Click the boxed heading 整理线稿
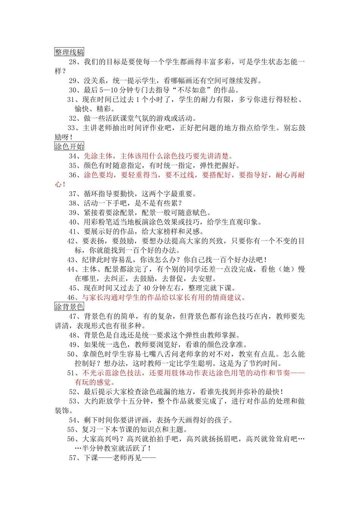click(x=69, y=52)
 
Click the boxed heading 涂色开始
click(x=69, y=147)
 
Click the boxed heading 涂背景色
click(x=69, y=307)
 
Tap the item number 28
click(x=73, y=62)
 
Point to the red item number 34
click(x=73, y=156)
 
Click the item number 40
click(x=73, y=222)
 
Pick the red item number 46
click(x=71, y=297)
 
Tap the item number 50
click(x=71, y=354)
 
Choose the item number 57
click(x=73, y=458)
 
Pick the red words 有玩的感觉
click(x=93, y=382)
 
